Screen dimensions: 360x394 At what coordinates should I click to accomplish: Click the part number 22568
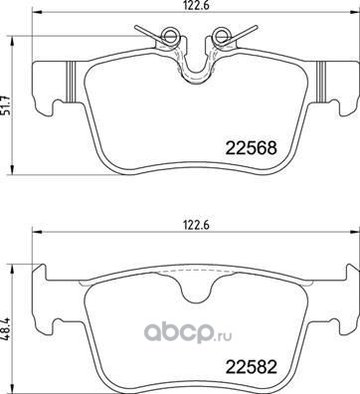pyautogui.click(x=251, y=148)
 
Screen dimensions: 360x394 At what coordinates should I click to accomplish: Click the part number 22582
pyautogui.click(x=251, y=367)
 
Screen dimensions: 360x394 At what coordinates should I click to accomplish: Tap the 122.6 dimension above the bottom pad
pyautogui.click(x=195, y=226)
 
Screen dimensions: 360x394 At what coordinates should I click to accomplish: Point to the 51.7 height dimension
pyautogui.click(x=6, y=104)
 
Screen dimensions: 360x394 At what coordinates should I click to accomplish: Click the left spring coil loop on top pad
pyautogui.click(x=169, y=35)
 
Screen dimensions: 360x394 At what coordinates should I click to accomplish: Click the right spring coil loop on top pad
pyautogui.click(x=220, y=35)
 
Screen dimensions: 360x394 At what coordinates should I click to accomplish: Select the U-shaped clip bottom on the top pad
pyautogui.click(x=195, y=76)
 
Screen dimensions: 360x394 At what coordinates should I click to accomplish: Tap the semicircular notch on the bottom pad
pyautogui.click(x=195, y=297)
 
